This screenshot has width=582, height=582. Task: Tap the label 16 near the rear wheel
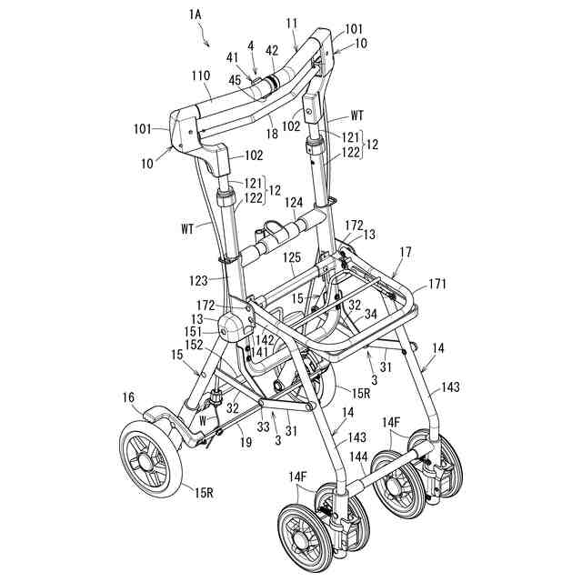tap(128, 396)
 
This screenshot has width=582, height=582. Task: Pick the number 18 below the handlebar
tap(272, 134)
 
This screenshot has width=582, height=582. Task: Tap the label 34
tap(370, 315)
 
